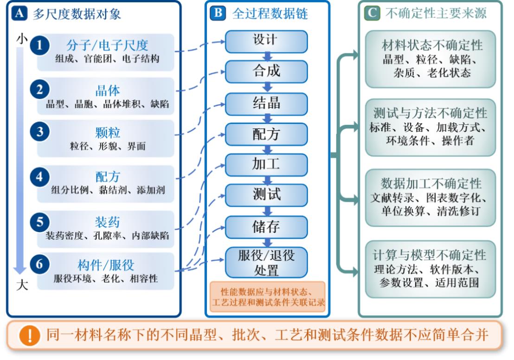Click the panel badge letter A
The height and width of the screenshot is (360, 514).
coord(19,13)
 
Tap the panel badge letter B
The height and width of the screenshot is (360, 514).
coord(218,13)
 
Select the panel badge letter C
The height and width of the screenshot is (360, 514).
coord(372,13)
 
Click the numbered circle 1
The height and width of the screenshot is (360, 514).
coord(40,45)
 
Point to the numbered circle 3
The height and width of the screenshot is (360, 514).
coord(40,131)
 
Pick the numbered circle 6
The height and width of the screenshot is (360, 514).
coord(40,264)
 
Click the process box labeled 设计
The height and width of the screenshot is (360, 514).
coord(266,41)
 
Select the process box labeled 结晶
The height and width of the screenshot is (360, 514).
coord(266,103)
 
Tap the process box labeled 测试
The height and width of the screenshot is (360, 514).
coord(266,195)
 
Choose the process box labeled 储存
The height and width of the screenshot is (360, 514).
coord(266,227)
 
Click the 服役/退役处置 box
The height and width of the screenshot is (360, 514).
coord(266,262)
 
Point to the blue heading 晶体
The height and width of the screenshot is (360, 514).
coord(108,90)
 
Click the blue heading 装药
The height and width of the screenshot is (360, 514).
coord(108,222)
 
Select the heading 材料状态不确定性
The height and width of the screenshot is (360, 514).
coord(432,45)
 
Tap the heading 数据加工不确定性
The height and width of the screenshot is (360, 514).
coord(431,184)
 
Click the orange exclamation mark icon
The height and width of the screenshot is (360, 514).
coord(30,335)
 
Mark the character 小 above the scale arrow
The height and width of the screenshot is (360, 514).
coord(22,39)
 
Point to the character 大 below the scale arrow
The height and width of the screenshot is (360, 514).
coord(22,285)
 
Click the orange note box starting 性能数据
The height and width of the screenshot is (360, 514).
coord(268,296)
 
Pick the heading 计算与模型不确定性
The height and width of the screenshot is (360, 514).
coord(429,255)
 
